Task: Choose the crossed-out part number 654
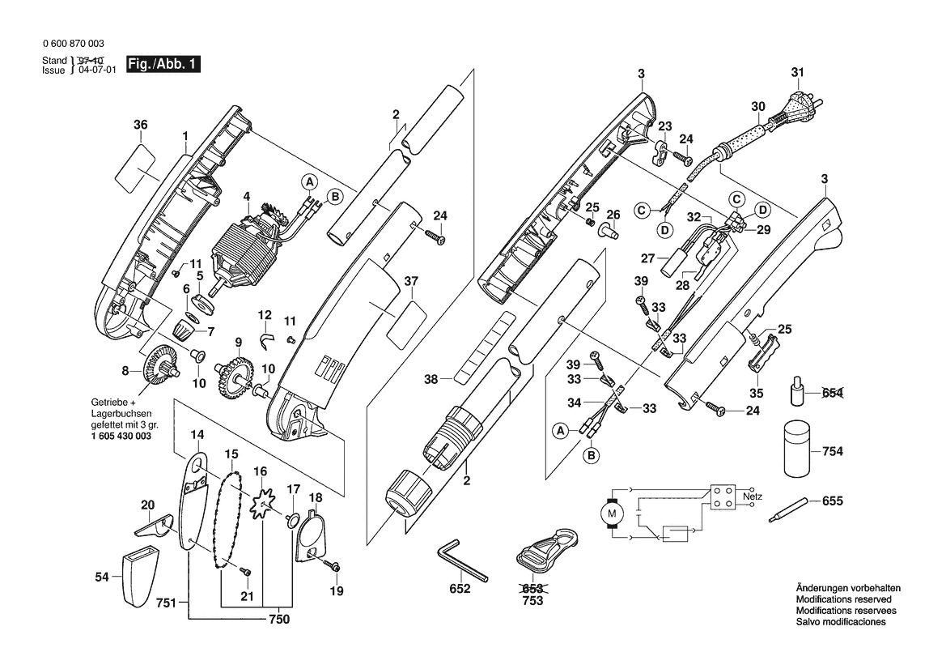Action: (832, 393)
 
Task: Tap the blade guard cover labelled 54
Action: (140, 577)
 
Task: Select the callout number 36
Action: (141, 125)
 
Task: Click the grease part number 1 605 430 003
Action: (116, 436)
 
